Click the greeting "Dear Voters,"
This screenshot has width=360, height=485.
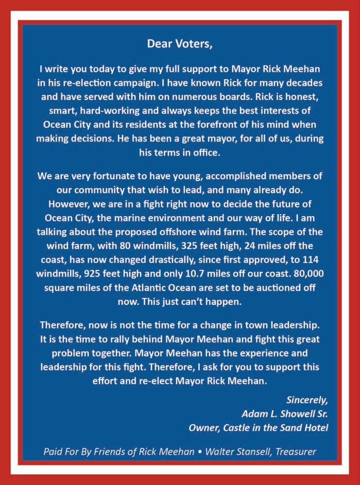180,43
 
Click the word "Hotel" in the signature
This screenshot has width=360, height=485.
315,427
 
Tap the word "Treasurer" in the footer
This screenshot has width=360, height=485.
295,452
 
